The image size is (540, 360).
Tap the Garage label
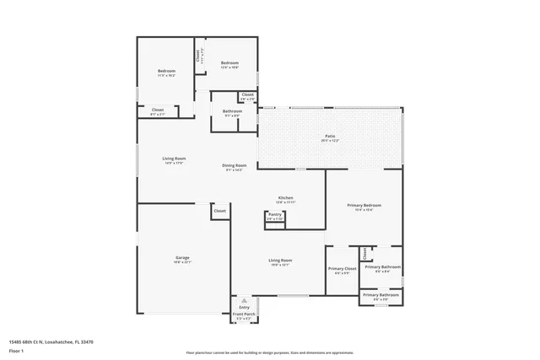[182, 257]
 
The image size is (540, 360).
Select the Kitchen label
[285, 198]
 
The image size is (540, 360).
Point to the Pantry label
[275, 215]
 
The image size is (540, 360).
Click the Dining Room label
[234, 165]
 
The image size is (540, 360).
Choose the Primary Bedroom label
[364, 206]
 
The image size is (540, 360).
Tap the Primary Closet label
[343, 268]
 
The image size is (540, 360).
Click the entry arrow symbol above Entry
[244, 300]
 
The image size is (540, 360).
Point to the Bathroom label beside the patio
[232, 111]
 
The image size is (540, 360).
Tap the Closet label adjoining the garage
[219, 211]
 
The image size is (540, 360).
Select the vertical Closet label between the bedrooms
[198, 56]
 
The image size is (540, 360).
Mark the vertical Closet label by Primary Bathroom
[364, 253]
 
